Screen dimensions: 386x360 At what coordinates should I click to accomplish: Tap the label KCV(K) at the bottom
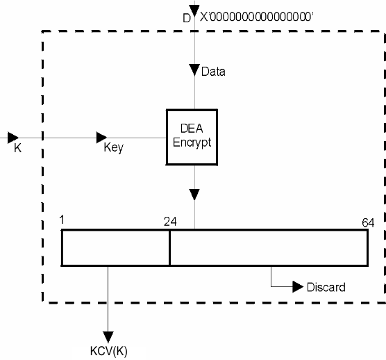pyautogui.click(x=109, y=351)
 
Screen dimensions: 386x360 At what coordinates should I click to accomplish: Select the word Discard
pyautogui.click(x=326, y=287)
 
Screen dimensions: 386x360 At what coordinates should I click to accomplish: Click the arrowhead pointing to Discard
pyautogui.click(x=298, y=286)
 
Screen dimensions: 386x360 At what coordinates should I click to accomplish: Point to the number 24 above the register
pyautogui.click(x=170, y=222)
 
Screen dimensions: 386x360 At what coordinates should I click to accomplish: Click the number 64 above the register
pyautogui.click(x=368, y=223)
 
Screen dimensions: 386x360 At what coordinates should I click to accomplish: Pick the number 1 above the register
pyautogui.click(x=62, y=220)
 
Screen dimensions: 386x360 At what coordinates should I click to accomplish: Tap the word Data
pyautogui.click(x=213, y=72)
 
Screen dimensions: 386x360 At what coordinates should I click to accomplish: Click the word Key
pyautogui.click(x=113, y=147)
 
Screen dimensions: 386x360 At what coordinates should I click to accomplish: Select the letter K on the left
pyautogui.click(x=18, y=148)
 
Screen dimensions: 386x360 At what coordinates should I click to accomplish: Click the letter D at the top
pyautogui.click(x=187, y=18)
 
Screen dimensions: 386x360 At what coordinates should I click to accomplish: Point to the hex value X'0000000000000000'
pyautogui.click(x=256, y=17)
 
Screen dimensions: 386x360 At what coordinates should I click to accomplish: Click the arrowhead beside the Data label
pyautogui.click(x=194, y=70)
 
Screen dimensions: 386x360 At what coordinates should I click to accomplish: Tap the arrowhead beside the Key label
pyautogui.click(x=101, y=138)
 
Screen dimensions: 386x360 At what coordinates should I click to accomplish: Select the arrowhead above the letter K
pyautogui.click(x=13, y=138)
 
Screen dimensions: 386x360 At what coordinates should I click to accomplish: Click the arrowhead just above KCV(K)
pyautogui.click(x=108, y=337)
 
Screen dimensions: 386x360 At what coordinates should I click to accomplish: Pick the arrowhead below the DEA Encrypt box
pyautogui.click(x=194, y=195)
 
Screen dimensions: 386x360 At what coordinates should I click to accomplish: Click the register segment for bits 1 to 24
pyautogui.click(x=115, y=247)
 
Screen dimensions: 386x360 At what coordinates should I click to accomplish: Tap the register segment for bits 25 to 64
pyautogui.click(x=269, y=247)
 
